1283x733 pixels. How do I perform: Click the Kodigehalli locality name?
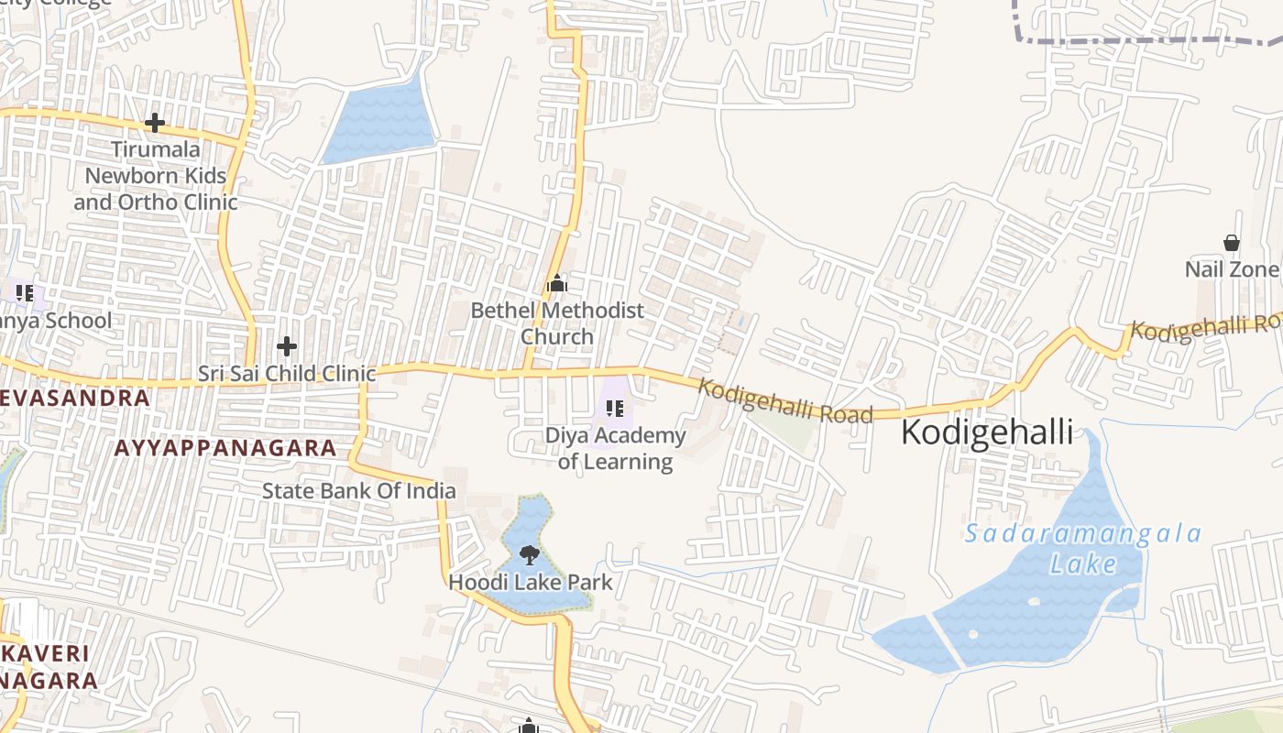pos(987,432)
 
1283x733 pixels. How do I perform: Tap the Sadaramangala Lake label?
pos(1083,548)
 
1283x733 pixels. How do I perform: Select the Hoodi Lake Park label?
pos(531,582)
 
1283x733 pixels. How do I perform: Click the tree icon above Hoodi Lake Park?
pos(529,553)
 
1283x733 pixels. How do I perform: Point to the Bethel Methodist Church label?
pos(557,323)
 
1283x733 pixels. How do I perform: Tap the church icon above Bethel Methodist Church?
pos(557,284)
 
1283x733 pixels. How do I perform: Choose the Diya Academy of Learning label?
pos(616,448)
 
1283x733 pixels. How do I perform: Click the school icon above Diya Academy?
pos(615,408)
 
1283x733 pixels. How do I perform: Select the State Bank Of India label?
pos(358,490)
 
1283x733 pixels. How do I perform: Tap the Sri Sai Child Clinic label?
pos(287,374)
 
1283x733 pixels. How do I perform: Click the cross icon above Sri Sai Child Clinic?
pos(287,346)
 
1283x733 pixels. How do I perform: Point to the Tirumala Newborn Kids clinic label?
pos(156,175)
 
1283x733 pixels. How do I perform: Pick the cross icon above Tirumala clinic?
pos(155,122)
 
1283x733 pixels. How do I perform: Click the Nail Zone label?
pos(1231,269)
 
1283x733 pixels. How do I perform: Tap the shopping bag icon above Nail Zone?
pos(1232,243)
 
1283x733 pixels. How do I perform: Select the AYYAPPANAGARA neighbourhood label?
pos(225,448)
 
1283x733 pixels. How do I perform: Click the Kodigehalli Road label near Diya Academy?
pos(784,401)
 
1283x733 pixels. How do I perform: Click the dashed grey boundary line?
pos(1146,41)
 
